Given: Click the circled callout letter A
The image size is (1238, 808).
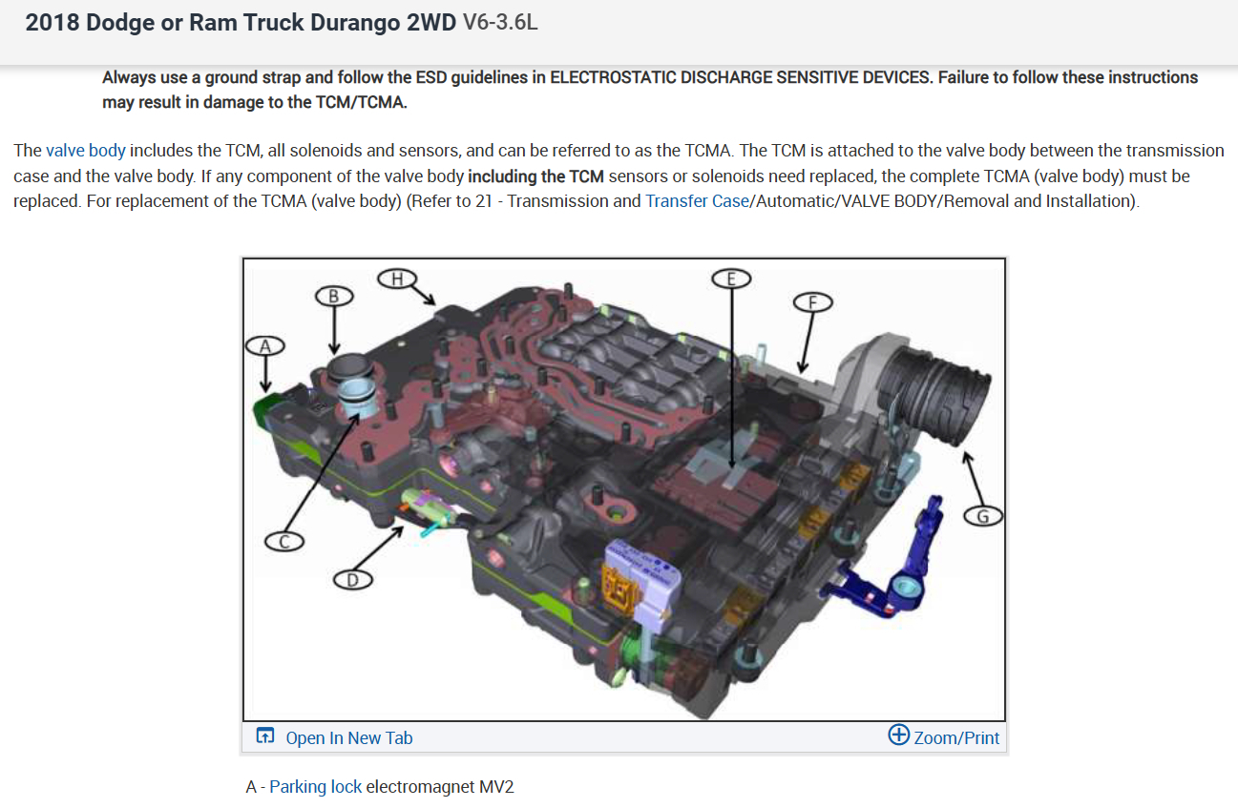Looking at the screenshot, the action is (x=265, y=346).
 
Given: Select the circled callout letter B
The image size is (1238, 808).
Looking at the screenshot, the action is (x=334, y=297).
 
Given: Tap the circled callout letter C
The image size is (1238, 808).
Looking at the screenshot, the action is (x=284, y=541).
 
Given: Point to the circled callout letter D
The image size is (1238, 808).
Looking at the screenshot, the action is (x=352, y=580).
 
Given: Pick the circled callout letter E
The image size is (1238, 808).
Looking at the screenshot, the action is (x=731, y=279).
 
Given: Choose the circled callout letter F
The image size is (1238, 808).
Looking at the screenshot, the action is (x=812, y=302).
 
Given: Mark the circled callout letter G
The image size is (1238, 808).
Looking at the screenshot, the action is (x=982, y=516).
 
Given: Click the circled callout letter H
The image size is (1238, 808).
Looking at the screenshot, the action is (x=397, y=279).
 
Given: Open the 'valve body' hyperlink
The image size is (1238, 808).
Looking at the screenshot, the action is (x=86, y=150).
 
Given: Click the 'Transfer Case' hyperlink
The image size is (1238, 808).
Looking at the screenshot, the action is (x=697, y=200).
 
